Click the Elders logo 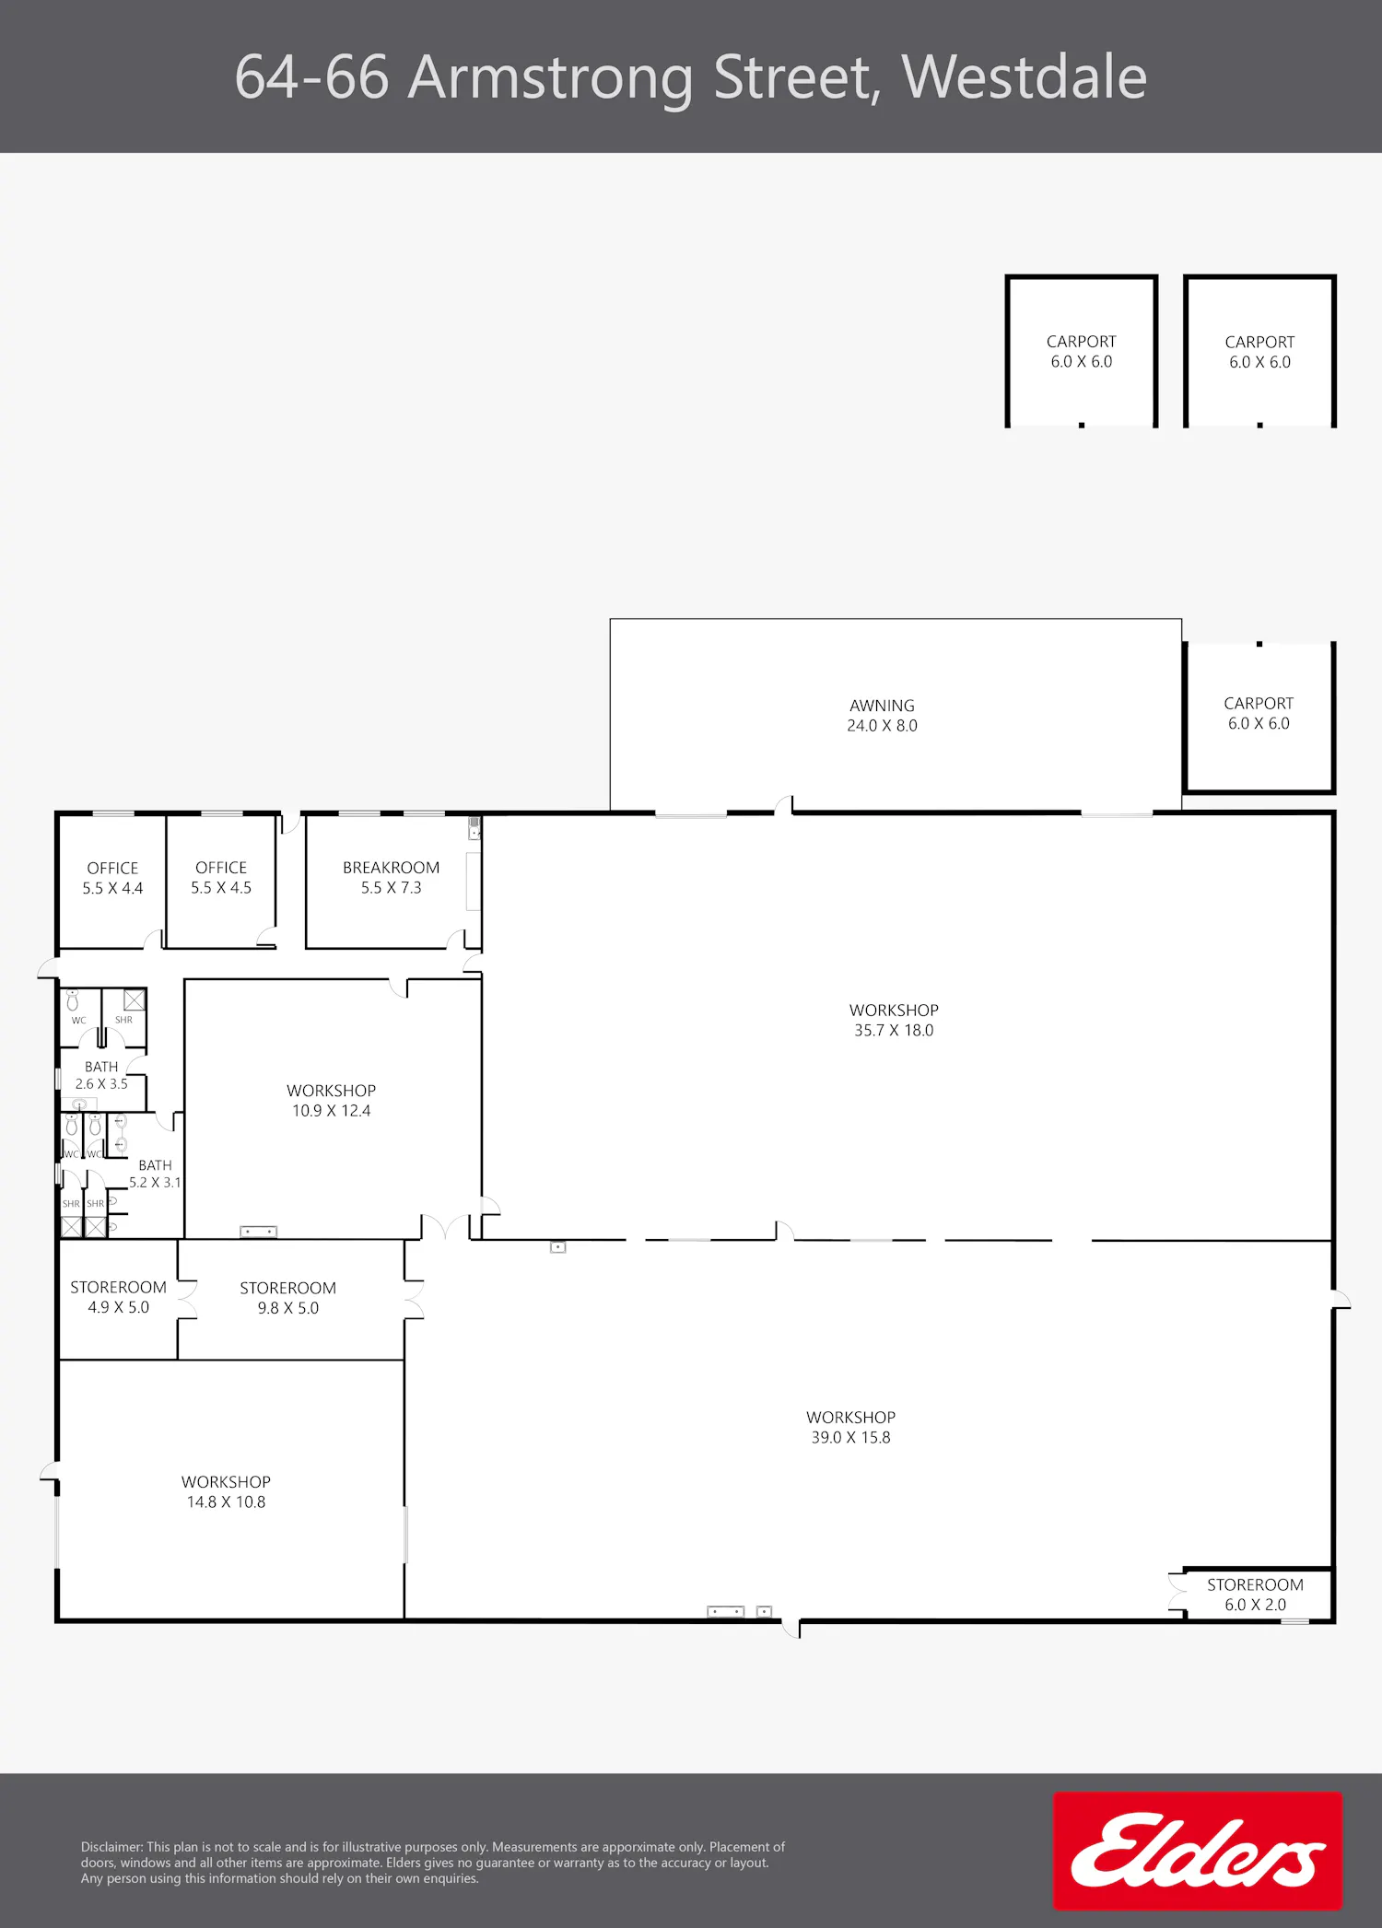coord(1198,1850)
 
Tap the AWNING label coord(882,706)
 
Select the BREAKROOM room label coord(391,868)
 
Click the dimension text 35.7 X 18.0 coord(894,1031)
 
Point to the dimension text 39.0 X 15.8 coord(850,1438)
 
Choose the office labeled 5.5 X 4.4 coord(112,878)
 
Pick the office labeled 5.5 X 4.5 coord(221,877)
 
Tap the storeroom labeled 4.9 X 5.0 coord(118,1298)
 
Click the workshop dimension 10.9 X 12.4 coord(331,1111)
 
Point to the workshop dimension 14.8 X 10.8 coord(226,1502)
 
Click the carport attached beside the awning coord(1259,717)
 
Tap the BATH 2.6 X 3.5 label coord(101,1075)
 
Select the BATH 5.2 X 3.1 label coord(155,1174)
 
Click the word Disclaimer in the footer coord(111,1847)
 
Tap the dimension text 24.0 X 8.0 coord(882,726)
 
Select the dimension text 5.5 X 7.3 coord(391,888)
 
